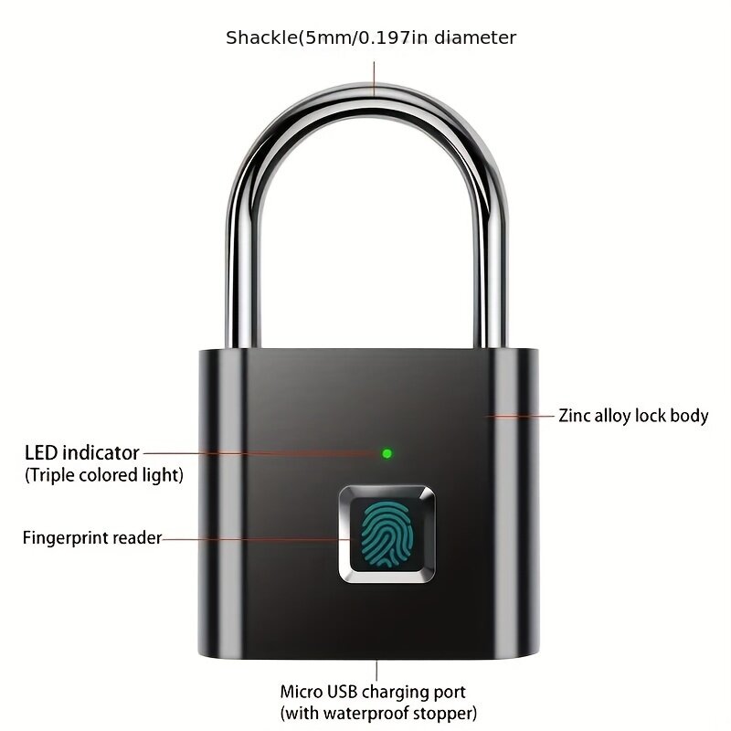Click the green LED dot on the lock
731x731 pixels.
click(387, 453)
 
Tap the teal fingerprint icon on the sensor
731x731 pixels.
click(387, 535)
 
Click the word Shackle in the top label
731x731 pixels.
click(261, 37)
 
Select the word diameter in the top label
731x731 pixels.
click(475, 37)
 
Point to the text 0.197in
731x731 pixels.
click(393, 37)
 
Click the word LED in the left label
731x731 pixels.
click(41, 452)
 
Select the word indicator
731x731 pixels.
click(101, 452)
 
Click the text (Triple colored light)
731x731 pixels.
click(104, 475)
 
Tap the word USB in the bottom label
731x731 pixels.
click(342, 692)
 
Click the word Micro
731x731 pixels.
click(301, 692)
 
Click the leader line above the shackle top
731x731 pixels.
click(374, 79)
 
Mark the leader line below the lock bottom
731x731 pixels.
click(376, 670)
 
